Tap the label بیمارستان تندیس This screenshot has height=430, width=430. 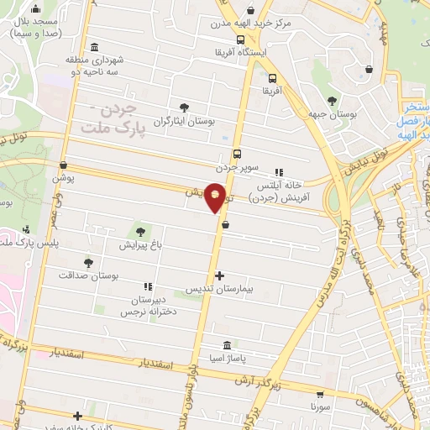click(x=223, y=287)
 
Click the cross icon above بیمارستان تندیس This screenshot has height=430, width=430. click(x=219, y=275)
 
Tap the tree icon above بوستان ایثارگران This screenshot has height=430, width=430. click(x=184, y=107)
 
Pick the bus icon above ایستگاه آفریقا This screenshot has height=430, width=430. click(x=240, y=39)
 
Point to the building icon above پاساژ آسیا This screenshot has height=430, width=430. click(x=227, y=345)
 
